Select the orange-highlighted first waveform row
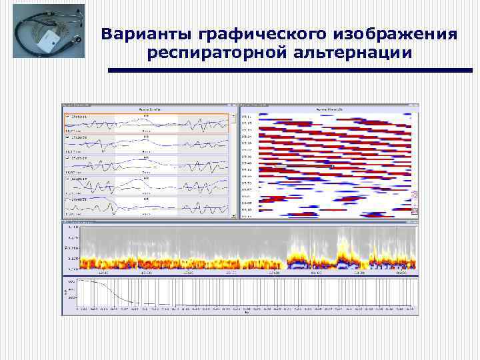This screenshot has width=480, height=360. pos(145,124)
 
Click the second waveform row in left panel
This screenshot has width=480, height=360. pos(145,144)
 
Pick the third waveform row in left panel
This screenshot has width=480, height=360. pos(145,164)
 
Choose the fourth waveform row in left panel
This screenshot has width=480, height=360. pos(145,185)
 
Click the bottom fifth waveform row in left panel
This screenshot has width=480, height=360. pos(145,205)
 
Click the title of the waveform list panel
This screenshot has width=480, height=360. pos(148,109)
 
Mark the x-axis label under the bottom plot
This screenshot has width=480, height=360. pos(246,313)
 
